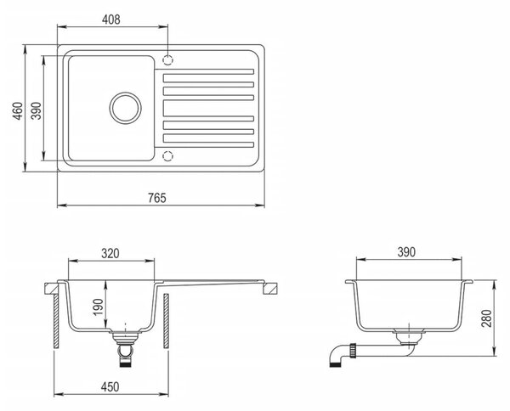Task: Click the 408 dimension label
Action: tap(110, 20)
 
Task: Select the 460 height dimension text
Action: tap(18, 110)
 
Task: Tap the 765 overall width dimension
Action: tap(157, 198)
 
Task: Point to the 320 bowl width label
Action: tap(110, 253)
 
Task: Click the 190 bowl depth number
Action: tap(99, 307)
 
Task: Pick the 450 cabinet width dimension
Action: tap(110, 386)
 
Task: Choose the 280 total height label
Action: tap(486, 318)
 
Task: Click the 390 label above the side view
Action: tap(406, 252)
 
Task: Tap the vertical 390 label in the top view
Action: tap(37, 110)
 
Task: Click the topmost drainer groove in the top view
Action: tap(204, 71)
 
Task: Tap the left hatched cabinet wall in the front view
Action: tap(56, 321)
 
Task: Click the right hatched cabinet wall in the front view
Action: tap(167, 321)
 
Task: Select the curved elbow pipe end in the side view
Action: tap(337, 356)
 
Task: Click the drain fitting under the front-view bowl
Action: tap(125, 348)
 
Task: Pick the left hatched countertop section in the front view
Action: tap(51, 288)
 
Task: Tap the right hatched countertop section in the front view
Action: tap(270, 288)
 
